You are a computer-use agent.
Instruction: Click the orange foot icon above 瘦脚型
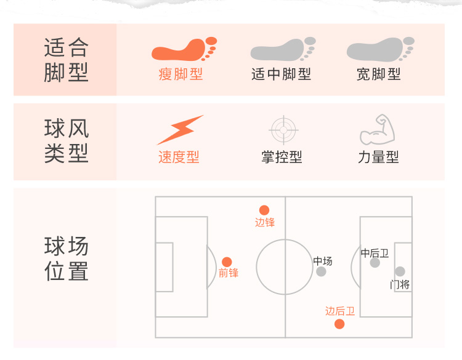[184, 49]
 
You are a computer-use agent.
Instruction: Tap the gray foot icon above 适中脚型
[282, 49]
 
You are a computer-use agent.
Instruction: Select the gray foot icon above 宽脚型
[379, 49]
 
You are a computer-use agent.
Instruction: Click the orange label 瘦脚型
[180, 74]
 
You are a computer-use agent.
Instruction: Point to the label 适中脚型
[282, 74]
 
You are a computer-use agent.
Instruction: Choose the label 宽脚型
[379, 74]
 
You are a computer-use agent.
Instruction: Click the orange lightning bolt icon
[179, 130]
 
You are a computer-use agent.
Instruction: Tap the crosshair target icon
[284, 130]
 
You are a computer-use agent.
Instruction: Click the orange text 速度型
[179, 158]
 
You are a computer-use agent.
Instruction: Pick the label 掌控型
[282, 158]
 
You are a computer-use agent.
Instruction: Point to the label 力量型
[378, 158]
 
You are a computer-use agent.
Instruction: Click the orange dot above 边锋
[264, 210]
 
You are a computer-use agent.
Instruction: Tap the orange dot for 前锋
[227, 262]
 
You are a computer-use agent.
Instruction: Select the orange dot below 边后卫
[339, 324]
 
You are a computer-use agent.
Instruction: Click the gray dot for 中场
[321, 271]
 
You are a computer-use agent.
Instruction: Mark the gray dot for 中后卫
[375, 263]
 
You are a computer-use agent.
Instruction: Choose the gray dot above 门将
[400, 271]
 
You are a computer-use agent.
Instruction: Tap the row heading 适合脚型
[67, 60]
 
